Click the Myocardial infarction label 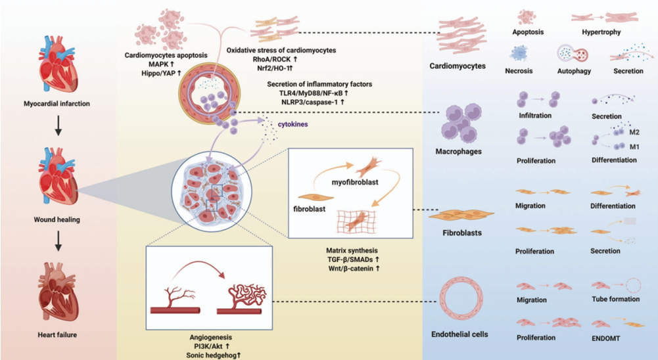point(56,103)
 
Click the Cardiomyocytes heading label point(458,66)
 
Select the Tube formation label point(615,299)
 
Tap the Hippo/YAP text point(154,74)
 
